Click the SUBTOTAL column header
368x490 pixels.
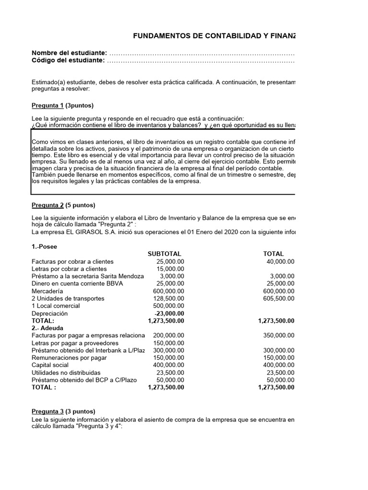click(165, 254)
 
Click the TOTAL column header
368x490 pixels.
click(273, 254)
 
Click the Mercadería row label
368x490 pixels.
click(46, 291)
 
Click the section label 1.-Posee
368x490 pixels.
click(44, 246)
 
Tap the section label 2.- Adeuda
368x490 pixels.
click(47, 328)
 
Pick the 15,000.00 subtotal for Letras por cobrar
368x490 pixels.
click(170, 269)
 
